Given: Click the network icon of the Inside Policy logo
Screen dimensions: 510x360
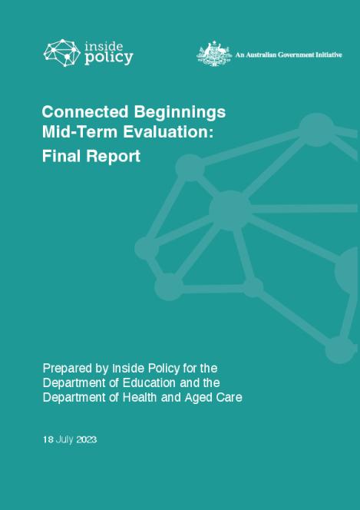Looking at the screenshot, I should click(62, 52).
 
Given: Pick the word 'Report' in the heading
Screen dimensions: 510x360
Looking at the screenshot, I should click(114, 156).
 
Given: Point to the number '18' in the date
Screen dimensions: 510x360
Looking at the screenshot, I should click(48, 440).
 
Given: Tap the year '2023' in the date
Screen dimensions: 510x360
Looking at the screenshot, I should click(86, 440).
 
